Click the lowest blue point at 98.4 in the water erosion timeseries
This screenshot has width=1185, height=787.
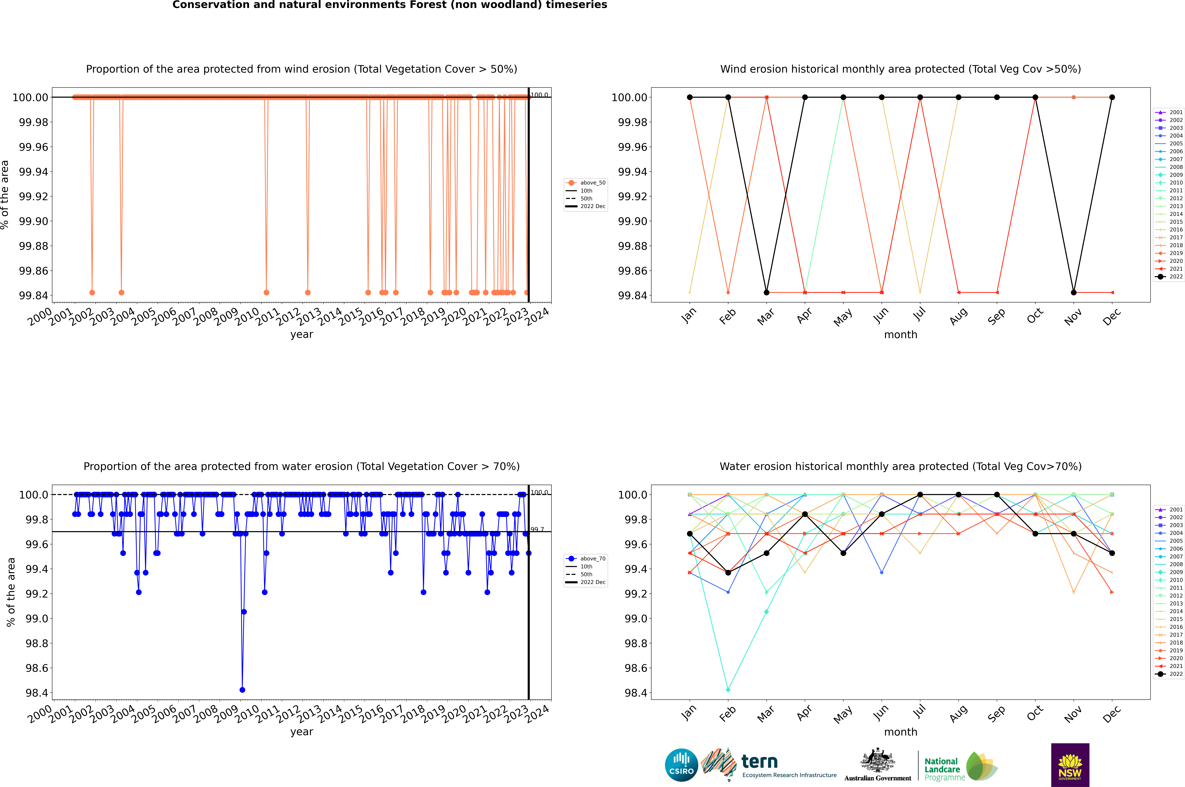[x=243, y=690]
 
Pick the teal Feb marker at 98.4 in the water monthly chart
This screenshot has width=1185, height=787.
[x=728, y=690]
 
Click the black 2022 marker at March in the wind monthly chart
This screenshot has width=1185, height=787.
[x=767, y=293]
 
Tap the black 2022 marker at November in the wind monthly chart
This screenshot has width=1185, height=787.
[x=1073, y=293]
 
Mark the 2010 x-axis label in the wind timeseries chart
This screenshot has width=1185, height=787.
[x=248, y=317]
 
